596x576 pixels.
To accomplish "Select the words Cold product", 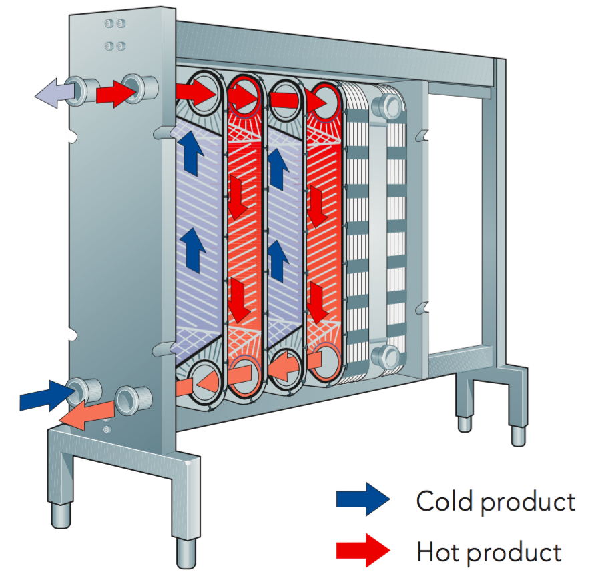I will (x=495, y=500).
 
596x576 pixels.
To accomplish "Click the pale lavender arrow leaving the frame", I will (x=56, y=91).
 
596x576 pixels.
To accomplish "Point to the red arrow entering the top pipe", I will (x=115, y=93).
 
